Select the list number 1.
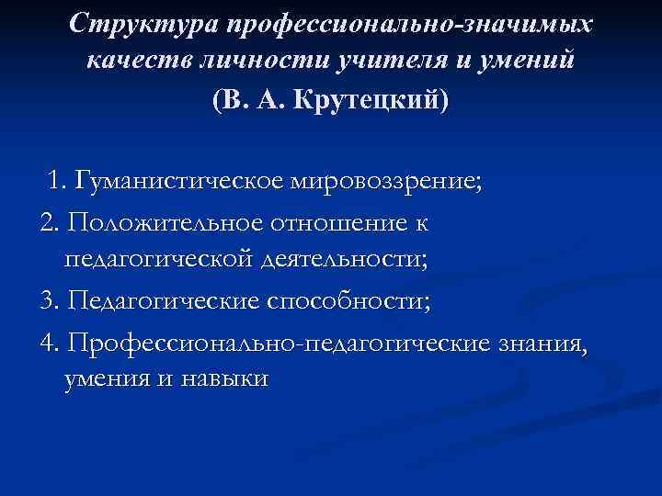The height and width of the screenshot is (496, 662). click(59, 179)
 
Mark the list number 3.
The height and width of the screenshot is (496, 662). click(48, 301)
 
